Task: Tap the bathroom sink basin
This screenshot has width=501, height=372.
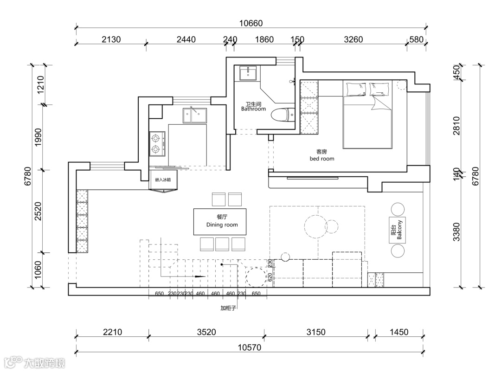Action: (x=250, y=73)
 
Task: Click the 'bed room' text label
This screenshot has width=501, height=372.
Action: (x=321, y=158)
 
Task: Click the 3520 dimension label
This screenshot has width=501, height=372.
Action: (x=206, y=332)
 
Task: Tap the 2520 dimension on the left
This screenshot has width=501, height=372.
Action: (x=38, y=211)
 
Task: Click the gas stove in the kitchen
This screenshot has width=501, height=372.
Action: (x=157, y=143)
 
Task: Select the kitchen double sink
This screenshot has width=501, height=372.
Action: (x=194, y=114)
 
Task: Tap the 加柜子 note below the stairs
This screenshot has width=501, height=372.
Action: (x=228, y=308)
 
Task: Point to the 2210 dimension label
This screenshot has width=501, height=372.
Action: (x=112, y=332)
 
